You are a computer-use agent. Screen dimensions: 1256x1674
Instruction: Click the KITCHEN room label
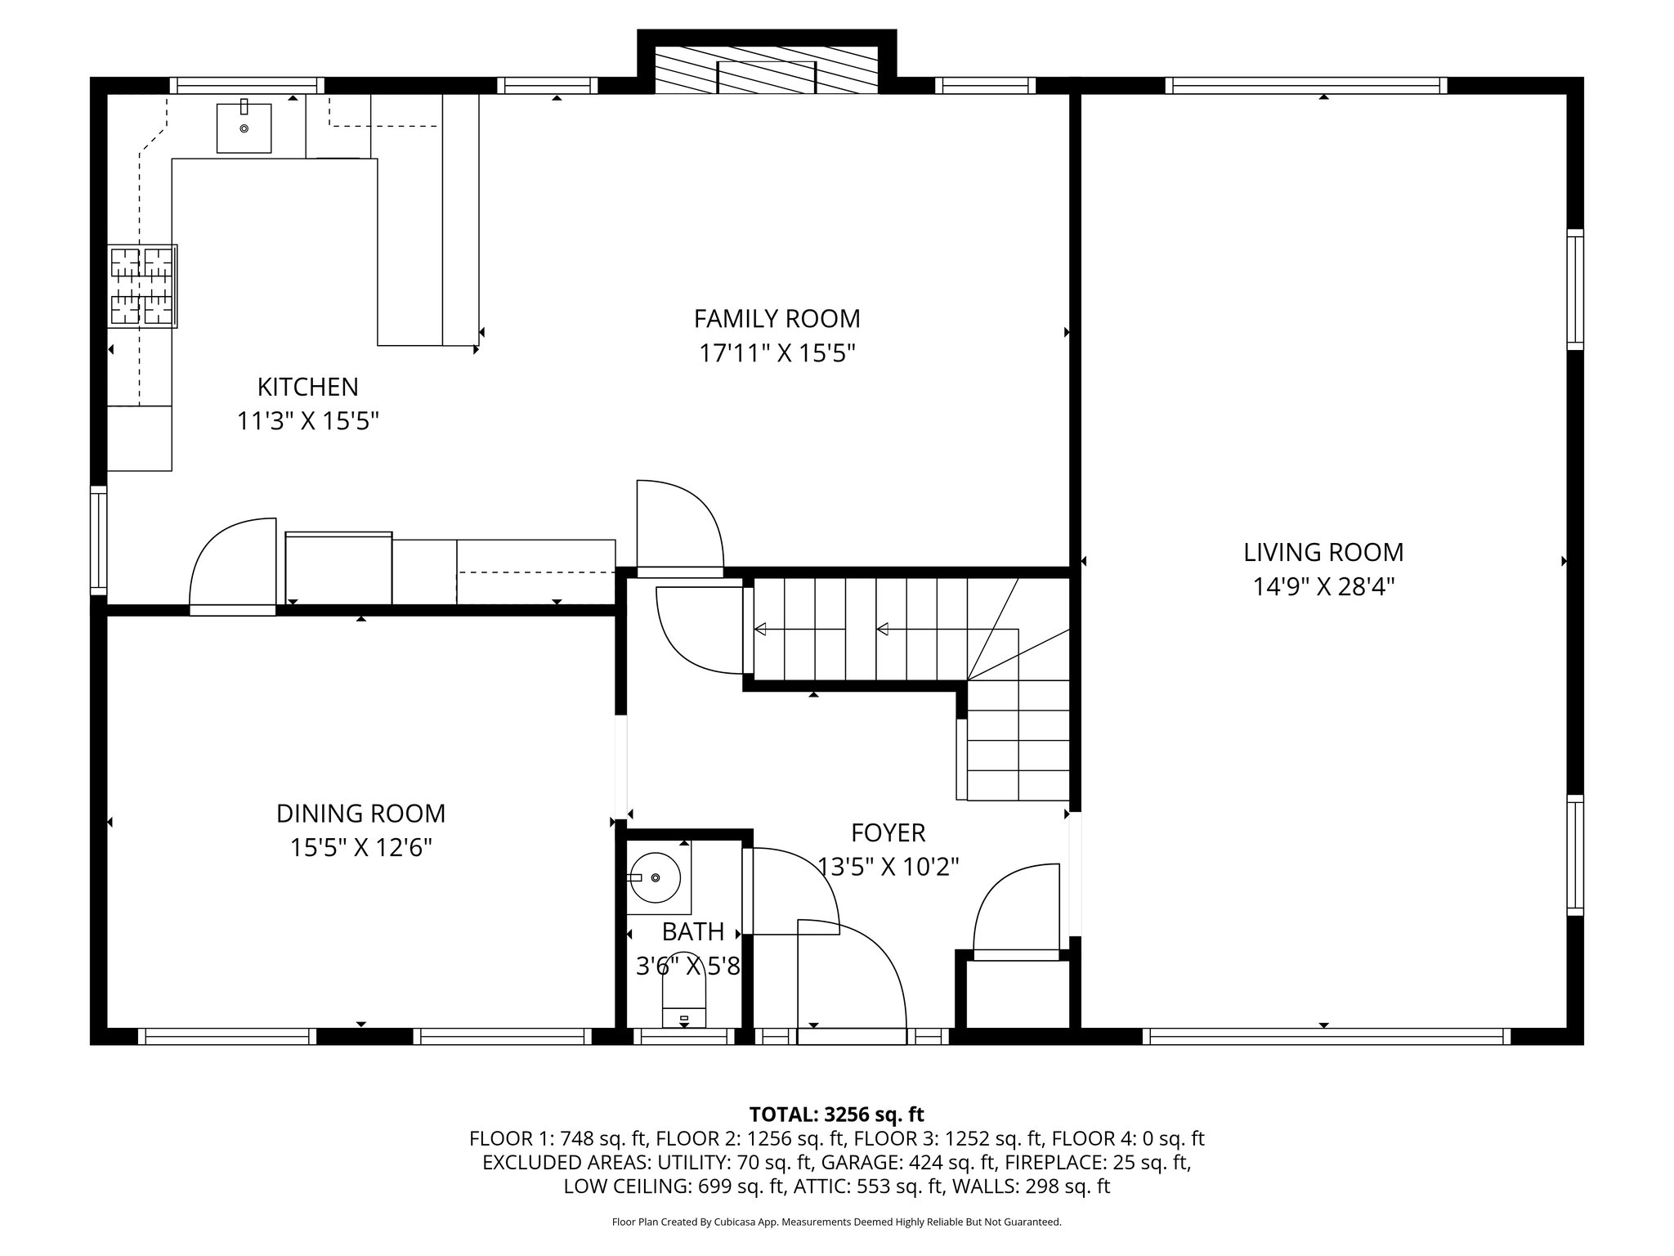(x=307, y=386)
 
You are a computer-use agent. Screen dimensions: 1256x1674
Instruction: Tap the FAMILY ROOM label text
(x=777, y=318)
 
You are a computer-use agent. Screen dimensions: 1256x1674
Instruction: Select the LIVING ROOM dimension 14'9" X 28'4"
(x=1323, y=587)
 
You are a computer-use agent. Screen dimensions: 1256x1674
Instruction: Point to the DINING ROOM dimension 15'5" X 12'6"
(x=360, y=848)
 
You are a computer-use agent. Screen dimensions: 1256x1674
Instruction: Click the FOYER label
(x=888, y=832)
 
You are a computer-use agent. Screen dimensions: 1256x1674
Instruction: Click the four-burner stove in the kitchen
(x=143, y=286)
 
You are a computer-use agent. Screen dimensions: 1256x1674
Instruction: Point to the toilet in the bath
(x=683, y=1003)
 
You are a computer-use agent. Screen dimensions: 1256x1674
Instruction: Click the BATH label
(x=692, y=931)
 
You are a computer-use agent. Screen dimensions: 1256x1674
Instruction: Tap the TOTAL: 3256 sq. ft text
(x=836, y=1114)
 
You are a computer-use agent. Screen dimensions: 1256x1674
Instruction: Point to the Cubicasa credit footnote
(x=836, y=1222)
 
